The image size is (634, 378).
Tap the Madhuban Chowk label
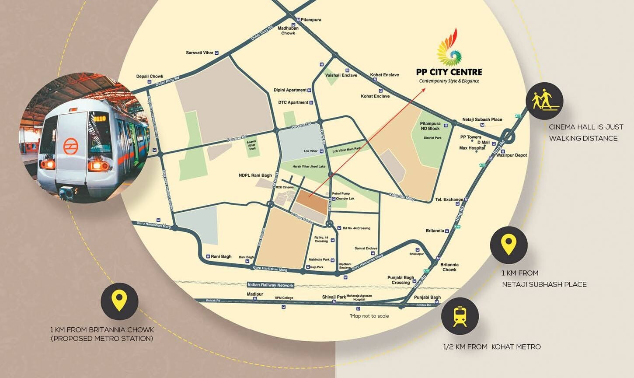[288, 31]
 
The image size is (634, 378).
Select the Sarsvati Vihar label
[200, 53]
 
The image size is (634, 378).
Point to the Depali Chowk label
[150, 76]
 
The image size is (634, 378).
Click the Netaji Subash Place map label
[482, 119]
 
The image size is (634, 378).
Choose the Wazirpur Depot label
[512, 155]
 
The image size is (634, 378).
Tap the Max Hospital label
[472, 148]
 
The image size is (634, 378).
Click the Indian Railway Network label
[271, 285]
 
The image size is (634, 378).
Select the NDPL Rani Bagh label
[255, 175]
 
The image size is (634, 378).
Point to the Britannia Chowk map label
[449, 267]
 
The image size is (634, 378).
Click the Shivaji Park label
[334, 297]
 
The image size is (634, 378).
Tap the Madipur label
[255, 294]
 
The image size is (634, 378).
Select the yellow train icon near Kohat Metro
[460, 316]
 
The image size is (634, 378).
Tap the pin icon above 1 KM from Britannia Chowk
[119, 301]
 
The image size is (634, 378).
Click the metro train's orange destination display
[99, 118]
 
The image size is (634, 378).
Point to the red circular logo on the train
[70, 146]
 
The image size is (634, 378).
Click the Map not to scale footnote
[369, 316]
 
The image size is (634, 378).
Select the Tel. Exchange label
[449, 199]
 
